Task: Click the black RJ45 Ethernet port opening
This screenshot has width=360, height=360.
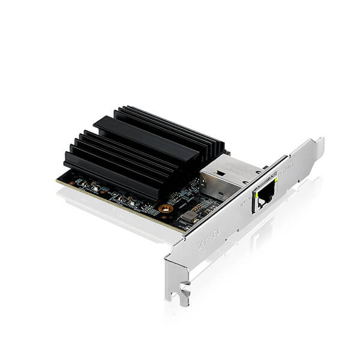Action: pyautogui.click(x=265, y=196)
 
